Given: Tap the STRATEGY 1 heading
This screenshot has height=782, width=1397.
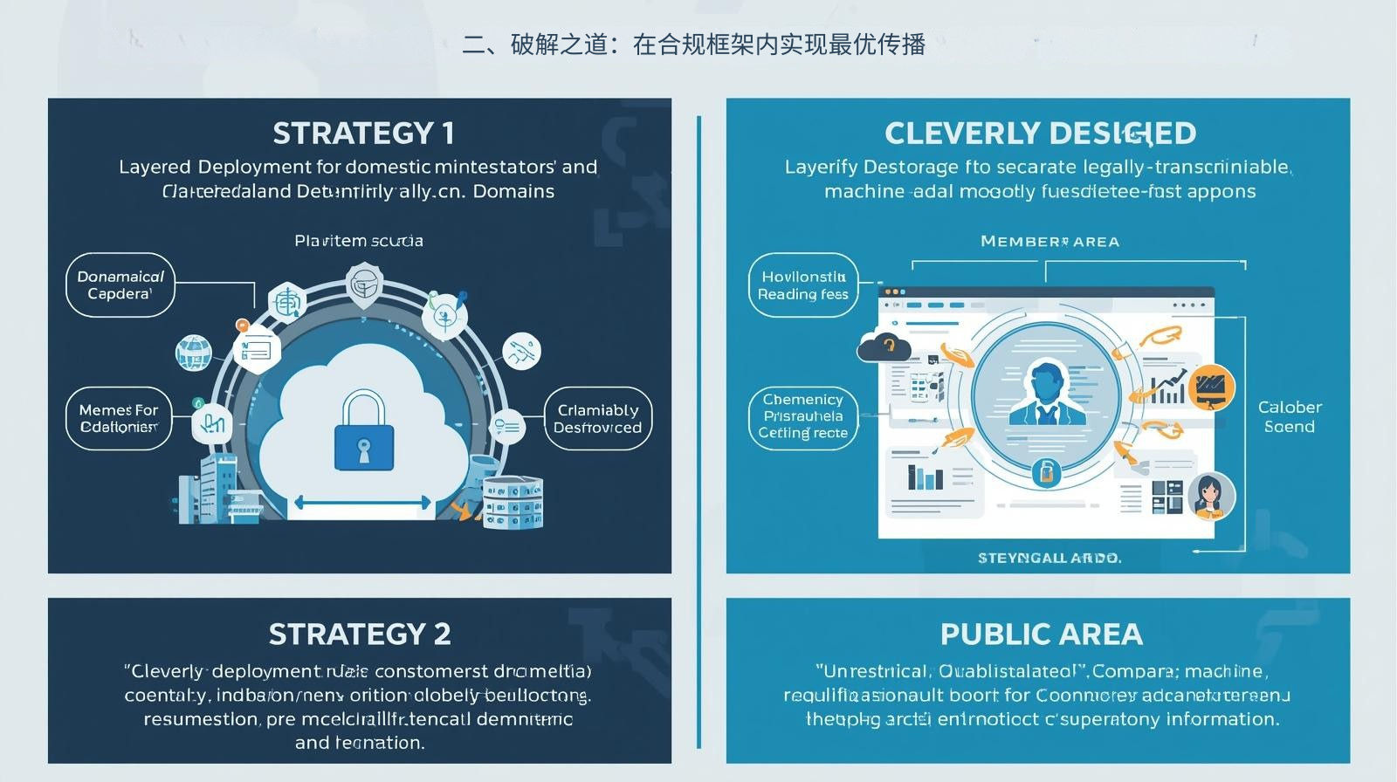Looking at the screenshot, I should pyautogui.click(x=363, y=134).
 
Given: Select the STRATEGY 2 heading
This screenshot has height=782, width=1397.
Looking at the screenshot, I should pyautogui.click(x=360, y=634).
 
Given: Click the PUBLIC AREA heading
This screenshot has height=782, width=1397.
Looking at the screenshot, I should pyautogui.click(x=1041, y=634).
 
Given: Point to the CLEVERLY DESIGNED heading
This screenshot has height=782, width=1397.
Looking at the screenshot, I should pyautogui.click(x=1040, y=134).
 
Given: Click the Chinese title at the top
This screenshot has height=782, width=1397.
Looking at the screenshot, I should pyautogui.click(x=694, y=45).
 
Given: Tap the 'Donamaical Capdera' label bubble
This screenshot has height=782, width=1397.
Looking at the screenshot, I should pyautogui.click(x=120, y=285).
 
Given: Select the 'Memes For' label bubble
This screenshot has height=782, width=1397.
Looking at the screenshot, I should pyautogui.click(x=119, y=418).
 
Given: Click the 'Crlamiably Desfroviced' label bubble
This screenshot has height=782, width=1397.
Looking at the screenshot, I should pyautogui.click(x=598, y=419).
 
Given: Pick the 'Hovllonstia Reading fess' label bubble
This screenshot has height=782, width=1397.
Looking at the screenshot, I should pyautogui.click(x=803, y=285).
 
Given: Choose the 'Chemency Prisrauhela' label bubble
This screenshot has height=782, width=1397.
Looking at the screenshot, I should pyautogui.click(x=803, y=416).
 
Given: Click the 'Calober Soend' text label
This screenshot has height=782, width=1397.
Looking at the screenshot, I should pyautogui.click(x=1290, y=416).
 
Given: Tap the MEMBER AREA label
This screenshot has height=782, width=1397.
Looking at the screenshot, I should pyautogui.click(x=1049, y=242).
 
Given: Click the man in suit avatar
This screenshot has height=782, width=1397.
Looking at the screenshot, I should pyautogui.click(x=1047, y=394).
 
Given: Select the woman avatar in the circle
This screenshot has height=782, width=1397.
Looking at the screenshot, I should pyautogui.click(x=1209, y=494).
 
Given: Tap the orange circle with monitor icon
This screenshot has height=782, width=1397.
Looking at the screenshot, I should pyautogui.click(x=1211, y=387).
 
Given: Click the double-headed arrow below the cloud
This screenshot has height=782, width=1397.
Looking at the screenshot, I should pyautogui.click(x=362, y=503).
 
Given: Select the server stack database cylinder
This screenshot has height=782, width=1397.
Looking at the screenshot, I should pyautogui.click(x=513, y=503).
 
